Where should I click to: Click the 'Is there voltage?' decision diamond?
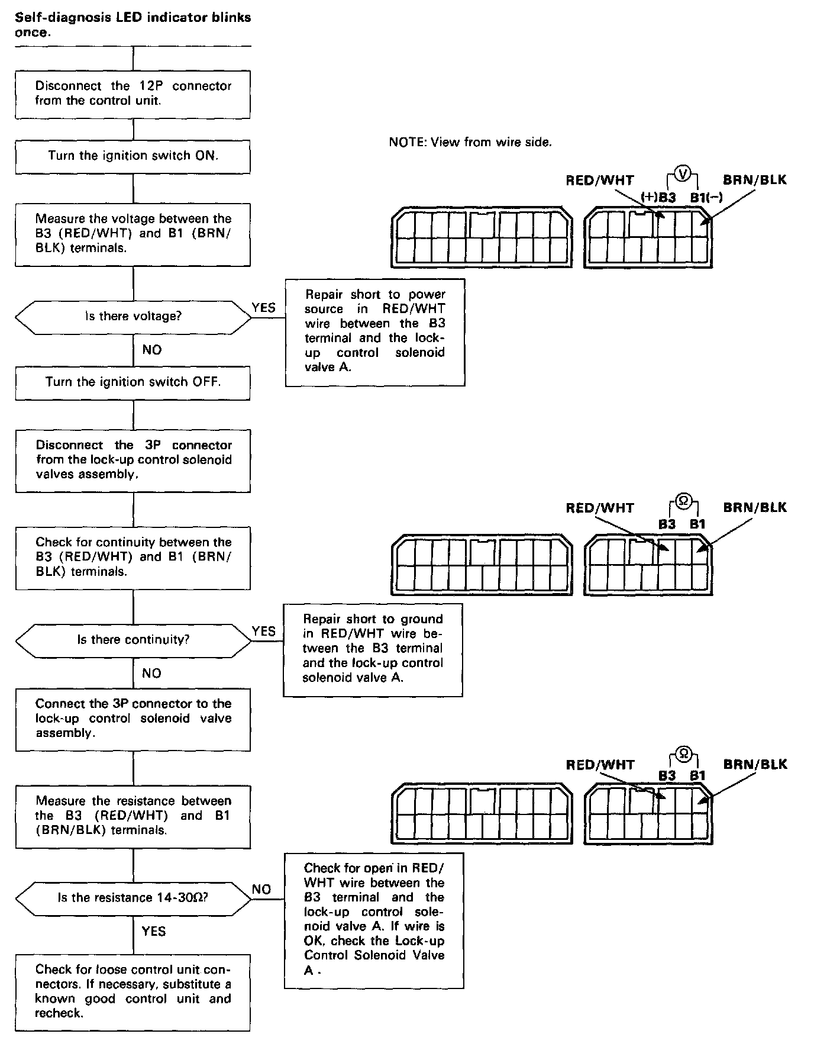(x=133, y=317)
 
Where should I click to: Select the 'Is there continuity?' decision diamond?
(x=133, y=640)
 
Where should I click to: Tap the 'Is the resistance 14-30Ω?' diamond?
(x=133, y=898)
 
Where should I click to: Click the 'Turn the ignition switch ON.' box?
(x=133, y=156)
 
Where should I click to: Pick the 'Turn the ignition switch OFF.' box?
(x=133, y=382)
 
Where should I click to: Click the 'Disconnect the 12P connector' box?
(x=133, y=94)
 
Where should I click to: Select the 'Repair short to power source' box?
(x=375, y=331)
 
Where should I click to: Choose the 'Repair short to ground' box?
(x=373, y=649)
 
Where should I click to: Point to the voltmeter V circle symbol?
(x=683, y=173)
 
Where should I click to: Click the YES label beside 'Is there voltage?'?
(x=263, y=308)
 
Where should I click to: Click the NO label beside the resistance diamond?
(x=261, y=889)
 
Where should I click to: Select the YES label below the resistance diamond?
(x=154, y=932)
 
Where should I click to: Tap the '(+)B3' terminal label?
(x=658, y=197)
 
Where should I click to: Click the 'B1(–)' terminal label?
(x=706, y=197)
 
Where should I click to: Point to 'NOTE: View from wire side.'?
(x=470, y=142)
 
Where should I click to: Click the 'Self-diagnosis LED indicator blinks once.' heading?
(x=133, y=25)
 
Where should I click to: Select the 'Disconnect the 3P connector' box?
(x=133, y=460)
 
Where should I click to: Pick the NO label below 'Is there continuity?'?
(x=152, y=674)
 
